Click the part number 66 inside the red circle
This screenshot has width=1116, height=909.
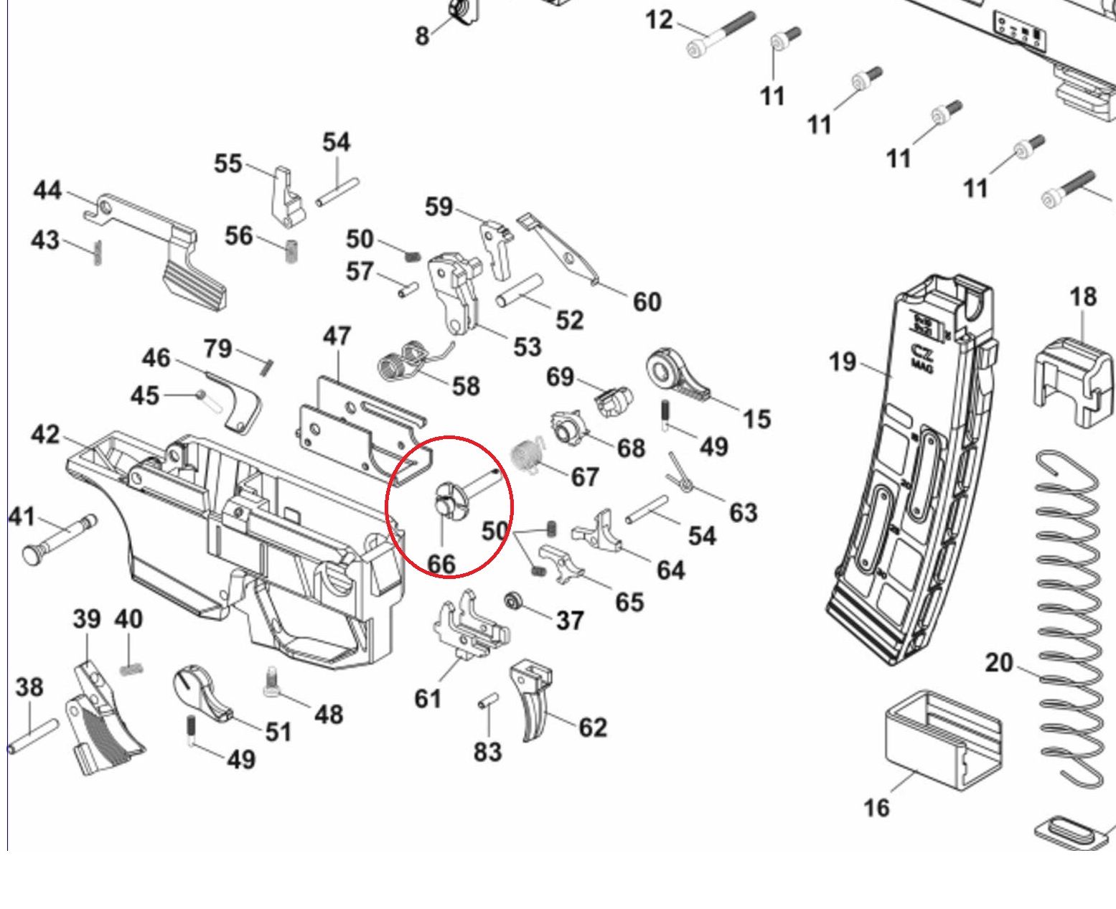pyautogui.click(x=441, y=564)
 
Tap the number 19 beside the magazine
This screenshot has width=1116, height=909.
pyautogui.click(x=843, y=361)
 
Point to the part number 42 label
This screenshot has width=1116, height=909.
pyautogui.click(x=45, y=435)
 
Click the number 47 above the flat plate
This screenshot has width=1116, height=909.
pyautogui.click(x=337, y=336)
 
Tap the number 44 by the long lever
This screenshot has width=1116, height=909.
pyautogui.click(x=47, y=191)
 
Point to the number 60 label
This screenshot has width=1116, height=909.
pyautogui.click(x=647, y=302)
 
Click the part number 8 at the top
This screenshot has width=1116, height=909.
pyautogui.click(x=423, y=34)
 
